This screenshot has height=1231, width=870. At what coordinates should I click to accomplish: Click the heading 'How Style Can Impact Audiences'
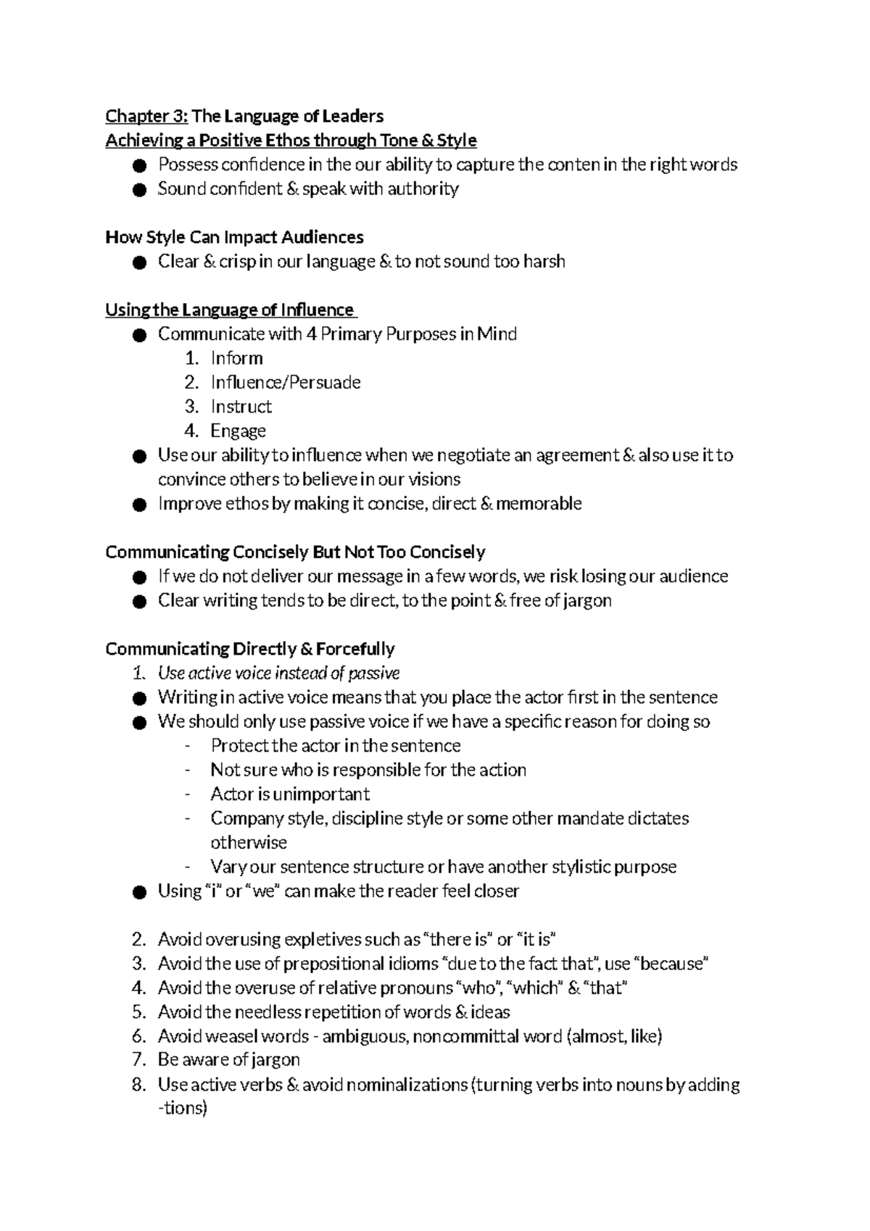[x=234, y=237]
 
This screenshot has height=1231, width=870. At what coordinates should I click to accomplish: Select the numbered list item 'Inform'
[x=236, y=358]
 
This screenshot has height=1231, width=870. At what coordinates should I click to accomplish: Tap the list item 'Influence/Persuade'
[x=285, y=382]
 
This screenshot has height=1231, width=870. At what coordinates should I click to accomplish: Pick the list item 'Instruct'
[x=241, y=407]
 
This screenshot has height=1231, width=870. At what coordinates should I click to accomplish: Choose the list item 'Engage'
[x=238, y=431]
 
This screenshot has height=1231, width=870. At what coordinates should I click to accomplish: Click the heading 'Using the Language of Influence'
[x=230, y=310]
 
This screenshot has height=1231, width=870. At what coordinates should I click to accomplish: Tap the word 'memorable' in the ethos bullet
[x=539, y=504]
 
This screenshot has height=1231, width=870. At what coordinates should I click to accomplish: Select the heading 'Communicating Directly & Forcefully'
[x=250, y=649]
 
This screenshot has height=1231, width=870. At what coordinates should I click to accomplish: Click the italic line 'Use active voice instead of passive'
[x=278, y=673]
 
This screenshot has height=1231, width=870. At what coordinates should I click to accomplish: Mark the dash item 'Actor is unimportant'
[x=290, y=795]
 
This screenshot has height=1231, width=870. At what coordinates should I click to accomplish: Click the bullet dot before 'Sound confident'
[x=139, y=190]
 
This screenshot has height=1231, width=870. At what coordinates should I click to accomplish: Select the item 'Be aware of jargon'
[x=228, y=1060]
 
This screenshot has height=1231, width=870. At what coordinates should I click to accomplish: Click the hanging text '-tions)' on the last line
[x=183, y=1108]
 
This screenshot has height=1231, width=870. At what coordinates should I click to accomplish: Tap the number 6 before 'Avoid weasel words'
[x=138, y=1037]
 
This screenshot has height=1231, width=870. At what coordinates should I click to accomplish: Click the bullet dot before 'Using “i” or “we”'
[x=139, y=892]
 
